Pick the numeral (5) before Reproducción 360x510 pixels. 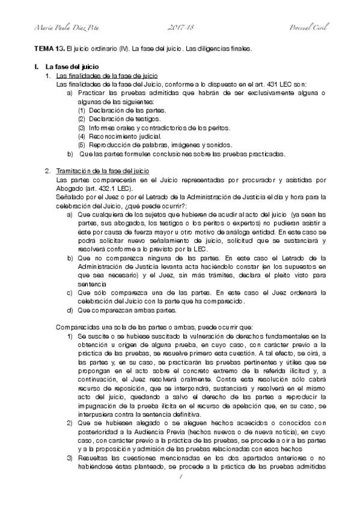click(x=82, y=145)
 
